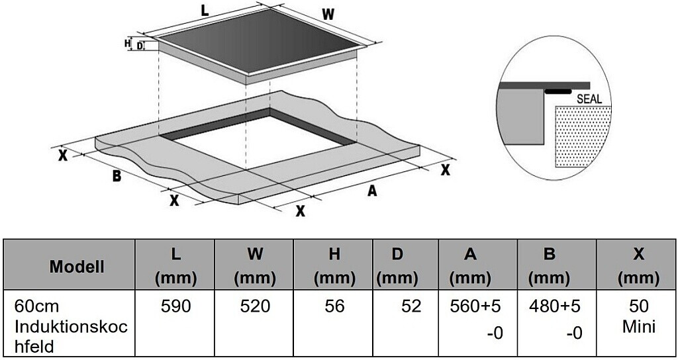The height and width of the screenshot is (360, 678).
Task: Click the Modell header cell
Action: click(77, 266)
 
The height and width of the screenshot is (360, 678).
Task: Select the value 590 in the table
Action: click(175, 306)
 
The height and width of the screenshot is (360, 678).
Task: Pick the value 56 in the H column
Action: click(334, 306)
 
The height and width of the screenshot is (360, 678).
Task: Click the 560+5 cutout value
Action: click(476, 306)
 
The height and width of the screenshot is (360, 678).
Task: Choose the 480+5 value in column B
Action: click(556, 306)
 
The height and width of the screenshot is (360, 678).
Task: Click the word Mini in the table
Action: click(638, 326)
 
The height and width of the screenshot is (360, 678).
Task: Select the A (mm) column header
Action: click(471, 266)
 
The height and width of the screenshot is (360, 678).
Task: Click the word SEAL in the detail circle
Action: click(589, 99)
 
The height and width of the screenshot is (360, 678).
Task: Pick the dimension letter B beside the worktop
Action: click(116, 175)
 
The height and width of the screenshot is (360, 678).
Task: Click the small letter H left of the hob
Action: click(127, 43)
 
